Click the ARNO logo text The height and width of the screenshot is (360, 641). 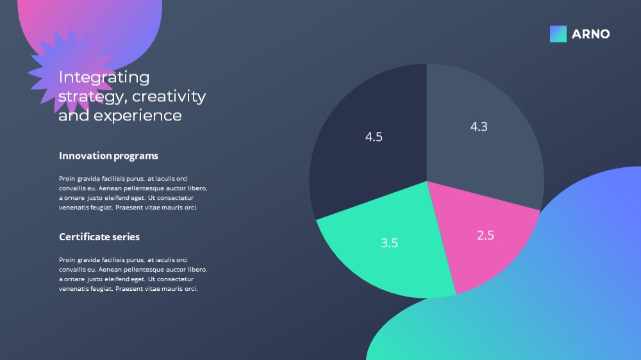590,34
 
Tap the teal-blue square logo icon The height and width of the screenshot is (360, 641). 558,34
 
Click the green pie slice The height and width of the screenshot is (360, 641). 388,245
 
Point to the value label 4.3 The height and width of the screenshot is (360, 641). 479,127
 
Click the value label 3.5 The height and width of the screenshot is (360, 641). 389,243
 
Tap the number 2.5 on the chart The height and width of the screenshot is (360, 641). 485,235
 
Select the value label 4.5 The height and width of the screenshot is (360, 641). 374,137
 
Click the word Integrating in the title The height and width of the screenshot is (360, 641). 104,78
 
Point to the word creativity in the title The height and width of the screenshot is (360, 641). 169,97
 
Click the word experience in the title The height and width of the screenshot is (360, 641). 138,116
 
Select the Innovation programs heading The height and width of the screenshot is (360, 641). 108,156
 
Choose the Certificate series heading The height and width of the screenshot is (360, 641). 99,237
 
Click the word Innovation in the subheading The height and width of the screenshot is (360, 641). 85,156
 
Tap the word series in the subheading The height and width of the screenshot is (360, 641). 127,237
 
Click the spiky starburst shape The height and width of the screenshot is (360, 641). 72,72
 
